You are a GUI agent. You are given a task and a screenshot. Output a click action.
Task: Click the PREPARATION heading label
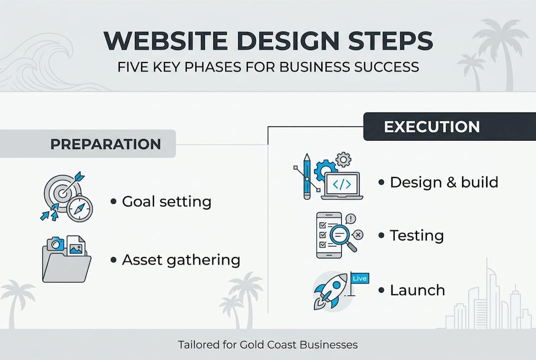(x=105, y=144)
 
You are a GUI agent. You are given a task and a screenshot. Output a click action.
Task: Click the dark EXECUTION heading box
(x=432, y=127)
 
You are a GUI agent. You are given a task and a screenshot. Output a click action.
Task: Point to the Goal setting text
(x=166, y=202)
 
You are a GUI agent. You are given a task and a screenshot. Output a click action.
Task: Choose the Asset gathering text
(x=181, y=260)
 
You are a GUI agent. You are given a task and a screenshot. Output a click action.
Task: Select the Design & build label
(x=444, y=182)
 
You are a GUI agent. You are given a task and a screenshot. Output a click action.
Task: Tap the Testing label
(x=417, y=235)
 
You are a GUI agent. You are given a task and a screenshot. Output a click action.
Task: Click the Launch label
(x=417, y=290)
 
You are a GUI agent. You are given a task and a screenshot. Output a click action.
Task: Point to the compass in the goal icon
(x=79, y=208)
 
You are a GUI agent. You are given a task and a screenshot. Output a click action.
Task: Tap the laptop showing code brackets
(x=342, y=185)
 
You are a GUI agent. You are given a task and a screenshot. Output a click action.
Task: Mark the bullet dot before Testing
(x=381, y=235)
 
